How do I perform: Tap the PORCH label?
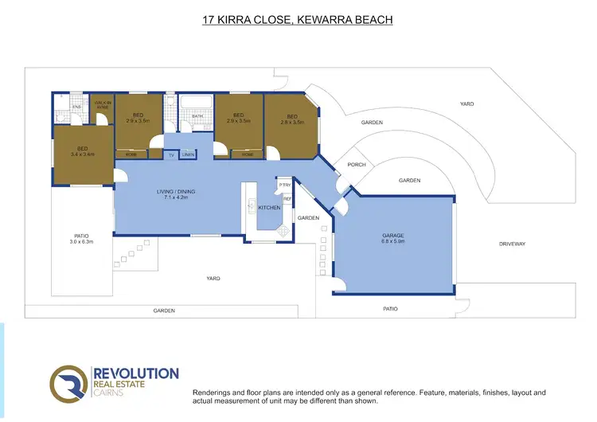pyautogui.click(x=357, y=165)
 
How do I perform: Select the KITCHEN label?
pyautogui.click(x=269, y=207)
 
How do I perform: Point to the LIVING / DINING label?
pyautogui.click(x=176, y=192)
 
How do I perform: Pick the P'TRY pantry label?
pyautogui.click(x=284, y=185)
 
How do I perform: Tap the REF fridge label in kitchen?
pyautogui.click(x=287, y=198)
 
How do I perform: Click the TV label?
pyautogui.click(x=170, y=154)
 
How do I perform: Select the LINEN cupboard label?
pyautogui.click(x=187, y=154)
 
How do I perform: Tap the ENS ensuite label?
pyautogui.click(x=76, y=106)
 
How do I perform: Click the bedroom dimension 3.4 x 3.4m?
pyautogui.click(x=83, y=154)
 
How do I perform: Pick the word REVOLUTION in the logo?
pyautogui.click(x=135, y=373)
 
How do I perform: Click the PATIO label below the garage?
pyautogui.click(x=389, y=308)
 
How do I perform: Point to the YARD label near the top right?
pyautogui.click(x=467, y=104)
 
